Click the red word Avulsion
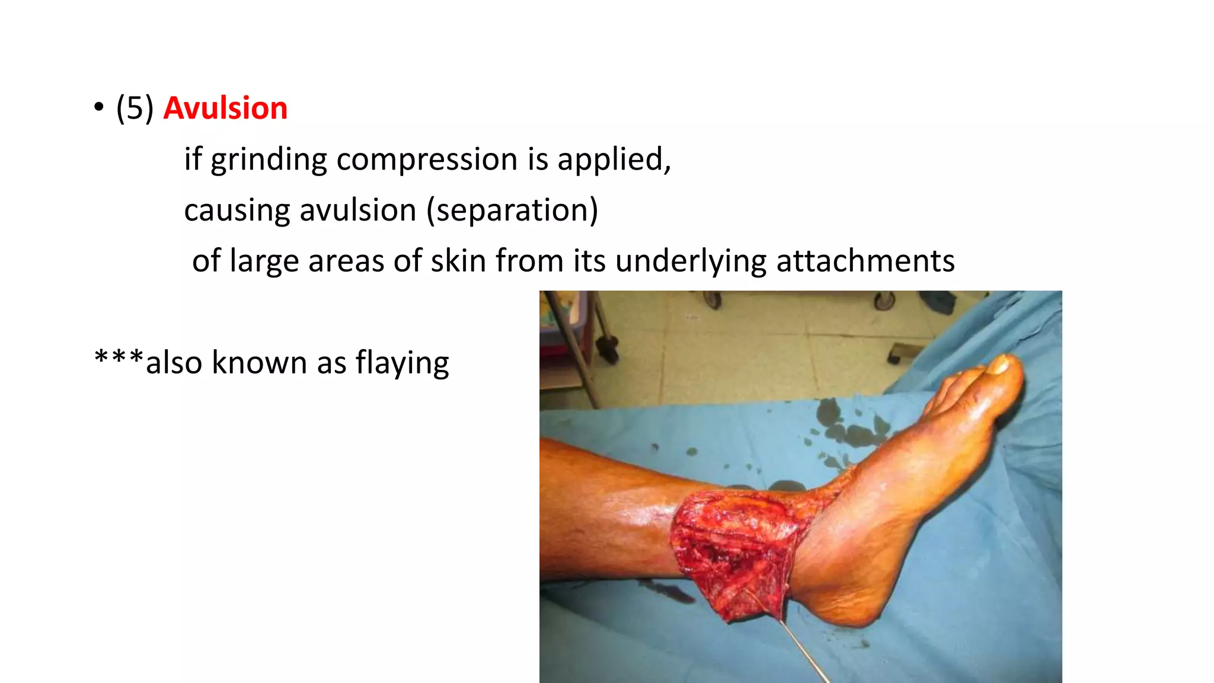tap(225, 108)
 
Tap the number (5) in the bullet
tap(135, 108)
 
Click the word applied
tap(613, 159)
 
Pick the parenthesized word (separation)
tap(512, 210)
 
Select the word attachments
tap(865, 261)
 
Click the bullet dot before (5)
tap(98, 108)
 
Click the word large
tap(263, 261)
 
